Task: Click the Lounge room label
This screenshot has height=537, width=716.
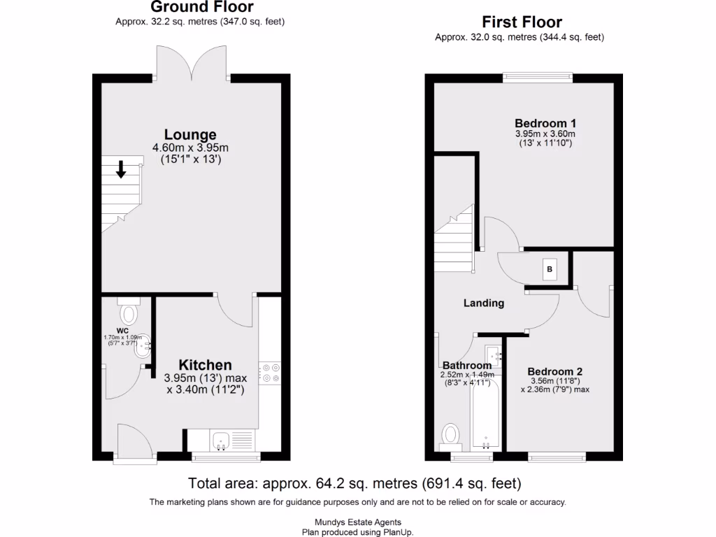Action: click(x=190, y=134)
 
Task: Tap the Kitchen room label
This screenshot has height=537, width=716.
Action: click(x=205, y=365)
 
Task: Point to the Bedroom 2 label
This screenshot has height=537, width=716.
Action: click(x=555, y=371)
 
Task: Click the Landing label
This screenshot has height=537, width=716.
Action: click(x=484, y=303)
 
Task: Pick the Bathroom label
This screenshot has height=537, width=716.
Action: click(x=466, y=365)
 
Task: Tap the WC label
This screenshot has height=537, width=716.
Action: click(x=122, y=330)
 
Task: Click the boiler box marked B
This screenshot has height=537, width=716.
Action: click(x=550, y=269)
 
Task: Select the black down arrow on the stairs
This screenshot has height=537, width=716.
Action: click(x=121, y=169)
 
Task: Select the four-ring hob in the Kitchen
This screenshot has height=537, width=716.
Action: click(x=270, y=373)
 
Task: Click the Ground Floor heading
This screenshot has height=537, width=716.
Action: click(x=201, y=8)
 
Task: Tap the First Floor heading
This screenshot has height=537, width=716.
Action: click(x=521, y=22)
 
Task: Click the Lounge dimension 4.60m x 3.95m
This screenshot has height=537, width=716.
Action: click(x=190, y=148)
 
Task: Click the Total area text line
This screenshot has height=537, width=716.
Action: click(x=355, y=483)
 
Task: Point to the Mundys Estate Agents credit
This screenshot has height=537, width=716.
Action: click(x=357, y=522)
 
